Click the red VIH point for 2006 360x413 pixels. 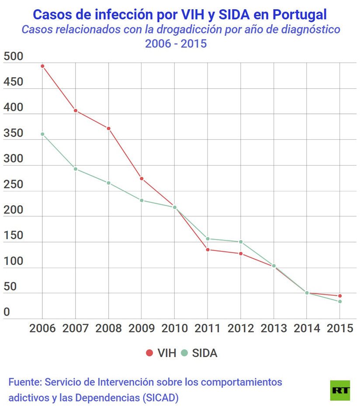coord(42,66)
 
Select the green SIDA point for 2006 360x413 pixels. coord(42,134)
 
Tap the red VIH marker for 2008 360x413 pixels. coord(108,128)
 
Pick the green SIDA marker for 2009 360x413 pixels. coord(142,200)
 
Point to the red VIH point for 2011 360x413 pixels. coord(208,250)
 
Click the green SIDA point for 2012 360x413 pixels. coord(241,242)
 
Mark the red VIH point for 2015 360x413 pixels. coord(340,296)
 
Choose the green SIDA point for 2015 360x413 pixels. coord(340,302)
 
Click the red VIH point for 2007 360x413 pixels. coord(76,111)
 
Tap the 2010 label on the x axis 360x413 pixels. coord(174,329)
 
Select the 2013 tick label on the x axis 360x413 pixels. coord(273,329)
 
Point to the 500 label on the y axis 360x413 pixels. coord(13,57)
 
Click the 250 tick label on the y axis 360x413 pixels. coord(13,184)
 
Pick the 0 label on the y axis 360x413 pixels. coord(7,312)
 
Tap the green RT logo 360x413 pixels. coord(340,390)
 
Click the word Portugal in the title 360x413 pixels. coord(299,14)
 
